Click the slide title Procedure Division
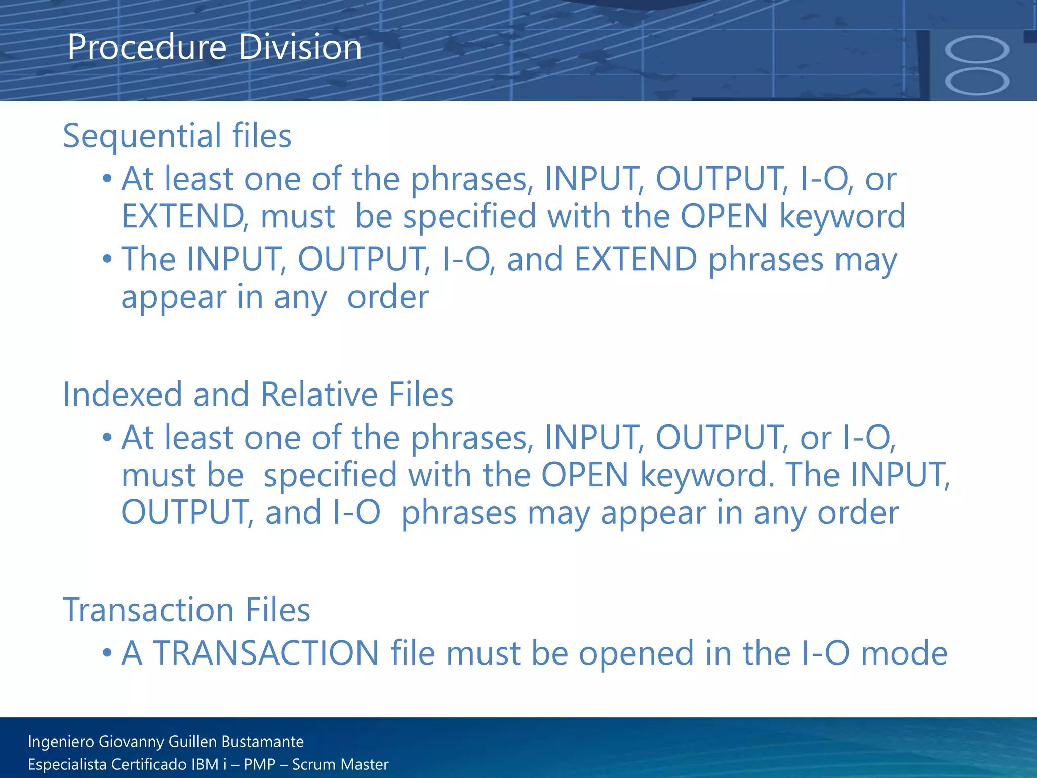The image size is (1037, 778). pos(214,47)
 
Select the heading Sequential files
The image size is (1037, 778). pos(177,136)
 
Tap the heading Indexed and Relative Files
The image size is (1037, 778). pos(258,394)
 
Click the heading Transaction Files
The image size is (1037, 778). pos(186,609)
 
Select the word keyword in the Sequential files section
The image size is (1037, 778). pos(842,216)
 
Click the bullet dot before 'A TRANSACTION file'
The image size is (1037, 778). pos(107,652)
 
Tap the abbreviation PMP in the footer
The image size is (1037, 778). pos(258,764)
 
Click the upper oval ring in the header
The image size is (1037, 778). pos(977,50)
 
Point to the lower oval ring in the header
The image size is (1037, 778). pos(977,82)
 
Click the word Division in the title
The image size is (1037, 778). pos(300,47)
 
